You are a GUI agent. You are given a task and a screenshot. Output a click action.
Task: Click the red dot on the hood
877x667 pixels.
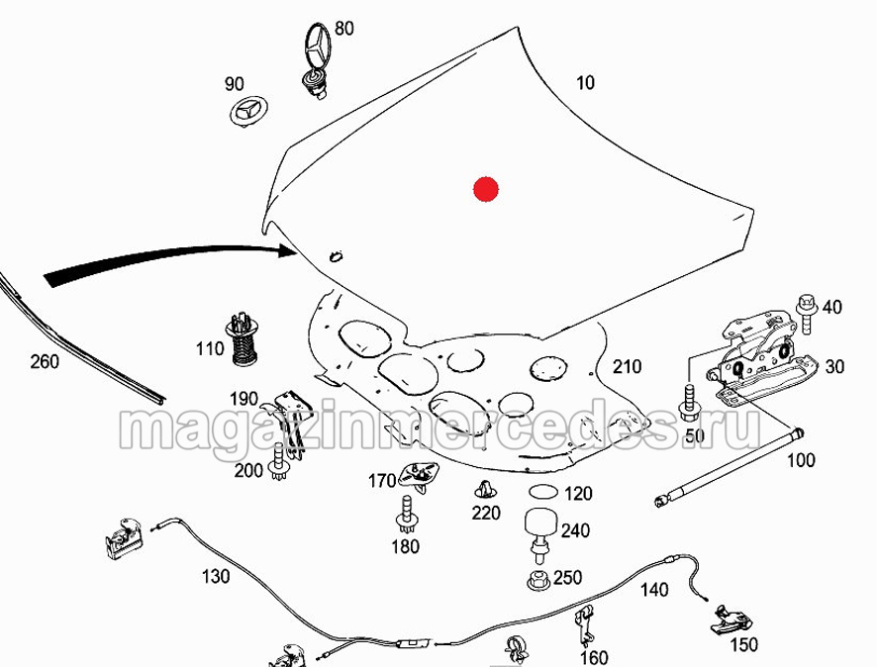coord(485,190)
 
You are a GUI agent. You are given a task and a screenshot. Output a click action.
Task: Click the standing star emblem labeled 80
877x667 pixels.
coord(317,60)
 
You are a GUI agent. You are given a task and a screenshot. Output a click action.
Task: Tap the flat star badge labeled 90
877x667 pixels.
coord(248,111)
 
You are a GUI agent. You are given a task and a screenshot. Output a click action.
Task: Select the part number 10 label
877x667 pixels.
coord(585,83)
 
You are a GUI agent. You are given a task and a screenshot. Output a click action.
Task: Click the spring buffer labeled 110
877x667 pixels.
coord(243,338)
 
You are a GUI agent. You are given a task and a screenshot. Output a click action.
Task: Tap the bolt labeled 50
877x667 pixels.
coord(689,399)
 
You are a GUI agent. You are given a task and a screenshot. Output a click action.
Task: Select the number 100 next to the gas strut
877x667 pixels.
coord(801,461)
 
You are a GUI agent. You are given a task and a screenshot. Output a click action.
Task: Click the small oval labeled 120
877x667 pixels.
coord(543,492)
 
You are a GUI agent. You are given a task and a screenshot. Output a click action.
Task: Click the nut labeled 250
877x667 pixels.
coord(538,580)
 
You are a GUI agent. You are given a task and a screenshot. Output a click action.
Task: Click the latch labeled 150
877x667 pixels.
coord(731,620)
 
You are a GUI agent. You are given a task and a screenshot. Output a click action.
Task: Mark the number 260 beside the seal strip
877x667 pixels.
coord(45,362)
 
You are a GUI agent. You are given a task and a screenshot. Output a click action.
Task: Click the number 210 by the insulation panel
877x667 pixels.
coord(627,367)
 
